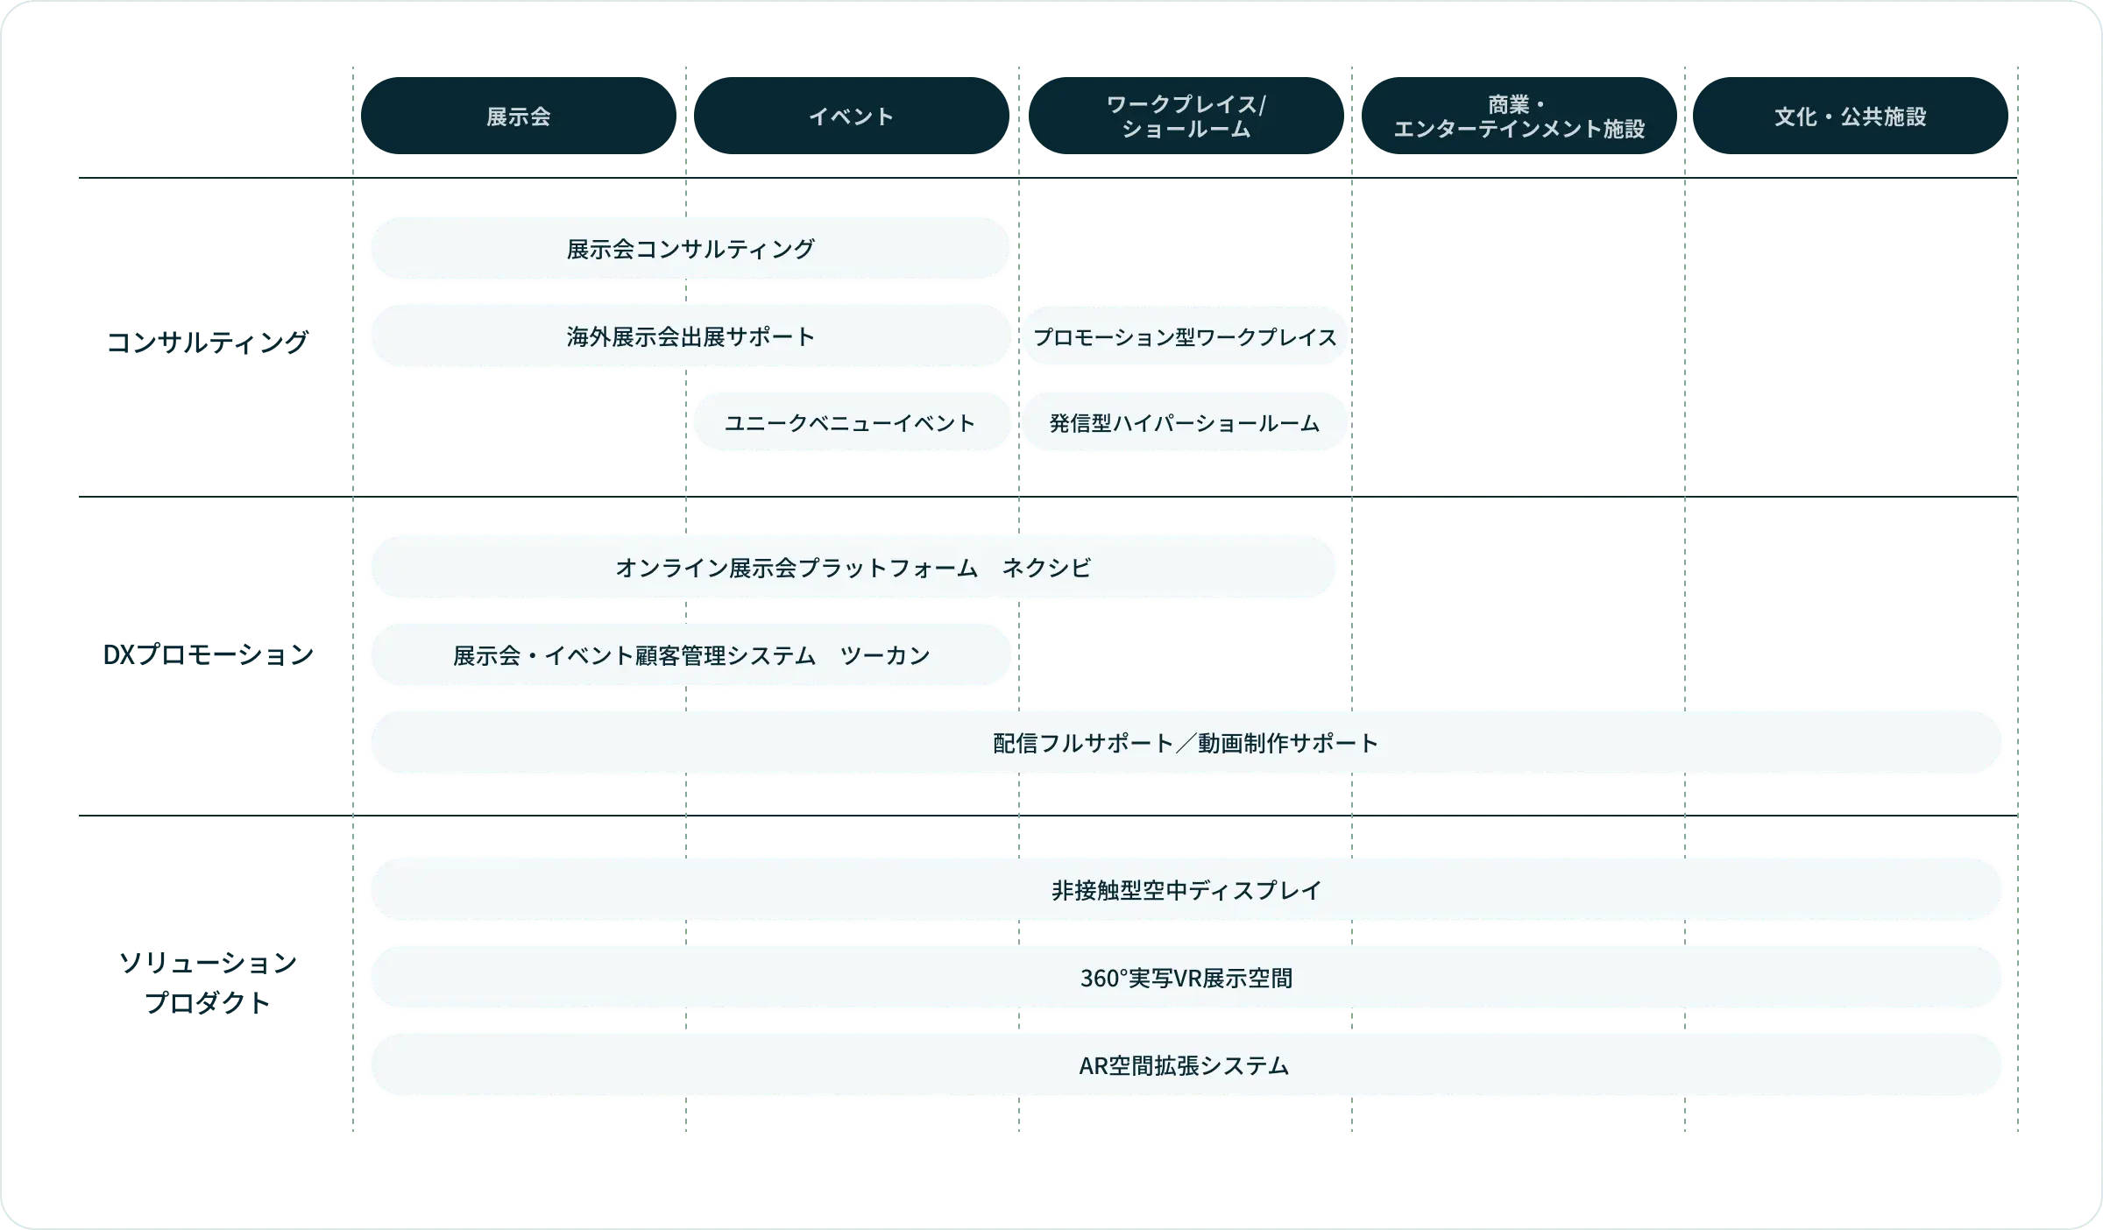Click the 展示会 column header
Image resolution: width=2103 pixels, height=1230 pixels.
(x=518, y=117)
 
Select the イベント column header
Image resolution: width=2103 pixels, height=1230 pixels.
(x=851, y=117)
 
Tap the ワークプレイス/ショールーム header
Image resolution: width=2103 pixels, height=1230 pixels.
(x=1186, y=117)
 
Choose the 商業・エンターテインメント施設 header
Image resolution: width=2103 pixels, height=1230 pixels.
(x=1519, y=117)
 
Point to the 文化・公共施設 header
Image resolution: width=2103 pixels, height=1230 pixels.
(x=1851, y=117)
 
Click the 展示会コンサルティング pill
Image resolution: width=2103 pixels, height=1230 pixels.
(x=690, y=249)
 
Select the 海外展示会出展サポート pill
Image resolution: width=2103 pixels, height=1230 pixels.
(x=690, y=336)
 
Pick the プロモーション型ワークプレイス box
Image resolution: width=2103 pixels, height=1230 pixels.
(x=1185, y=336)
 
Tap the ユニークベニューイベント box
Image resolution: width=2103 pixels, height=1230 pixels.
(x=851, y=423)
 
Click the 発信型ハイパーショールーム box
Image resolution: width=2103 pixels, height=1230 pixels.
(x=1185, y=423)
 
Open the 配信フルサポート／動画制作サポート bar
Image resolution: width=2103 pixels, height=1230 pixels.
(x=1186, y=743)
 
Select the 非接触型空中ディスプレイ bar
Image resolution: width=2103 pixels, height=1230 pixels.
(x=1186, y=890)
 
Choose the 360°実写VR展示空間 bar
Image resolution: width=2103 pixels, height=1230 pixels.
(x=1186, y=978)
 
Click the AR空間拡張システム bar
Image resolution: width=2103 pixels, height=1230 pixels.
(x=1186, y=1065)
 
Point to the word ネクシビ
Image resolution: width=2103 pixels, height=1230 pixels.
(x=1046, y=568)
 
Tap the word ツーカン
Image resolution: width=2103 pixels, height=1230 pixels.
(x=885, y=655)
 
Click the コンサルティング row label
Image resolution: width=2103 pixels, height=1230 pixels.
(x=209, y=343)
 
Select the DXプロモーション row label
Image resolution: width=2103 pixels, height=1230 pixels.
(x=207, y=654)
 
